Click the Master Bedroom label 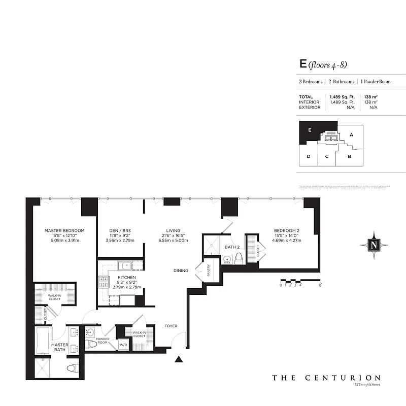coord(64,230)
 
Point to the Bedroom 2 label coord(287,230)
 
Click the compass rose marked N coord(374,245)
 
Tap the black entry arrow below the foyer coord(179,360)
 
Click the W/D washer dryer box coord(123,345)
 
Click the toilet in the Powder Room coord(92,345)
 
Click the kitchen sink coord(125,265)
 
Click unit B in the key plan coord(350,156)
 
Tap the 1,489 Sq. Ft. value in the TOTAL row coord(342,96)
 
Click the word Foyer coord(171,326)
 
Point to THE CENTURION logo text coord(326,378)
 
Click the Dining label coord(180,270)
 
